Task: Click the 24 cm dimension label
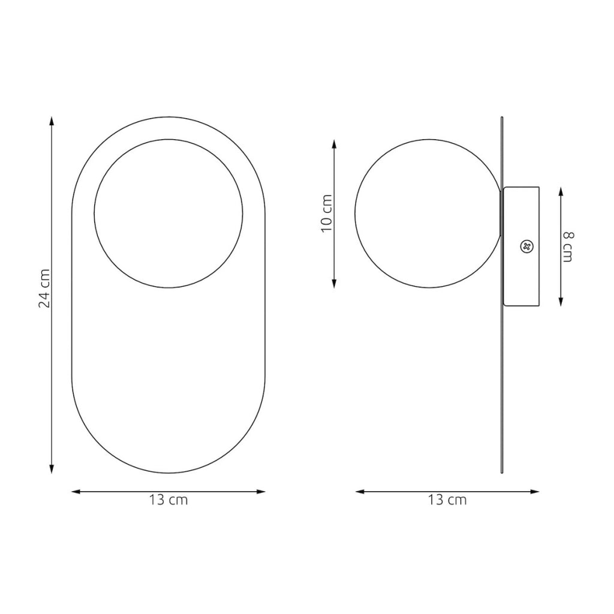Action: (x=44, y=288)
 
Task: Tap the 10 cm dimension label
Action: (x=326, y=213)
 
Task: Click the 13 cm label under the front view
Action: (x=168, y=500)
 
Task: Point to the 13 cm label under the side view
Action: (x=447, y=500)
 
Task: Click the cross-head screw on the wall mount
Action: (x=526, y=246)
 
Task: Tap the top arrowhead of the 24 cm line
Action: (x=52, y=121)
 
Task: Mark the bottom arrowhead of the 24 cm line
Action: (x=52, y=469)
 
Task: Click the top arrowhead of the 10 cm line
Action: (x=334, y=144)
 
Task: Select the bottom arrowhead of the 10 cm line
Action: (x=334, y=284)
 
